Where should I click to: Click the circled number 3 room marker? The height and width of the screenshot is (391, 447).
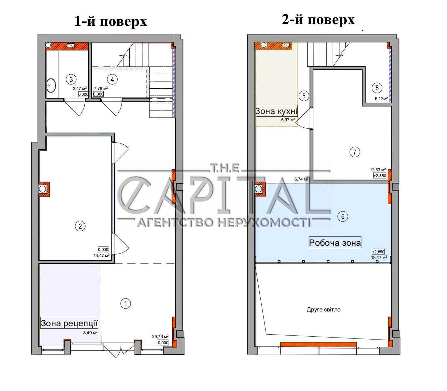(71, 79)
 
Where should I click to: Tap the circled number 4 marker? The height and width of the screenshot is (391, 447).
(112, 79)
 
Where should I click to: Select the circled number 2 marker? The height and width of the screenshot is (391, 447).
(80, 226)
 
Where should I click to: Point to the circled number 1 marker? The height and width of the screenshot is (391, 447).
(126, 303)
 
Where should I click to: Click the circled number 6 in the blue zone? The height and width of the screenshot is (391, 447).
(342, 216)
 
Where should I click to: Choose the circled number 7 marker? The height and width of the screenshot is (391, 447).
(354, 152)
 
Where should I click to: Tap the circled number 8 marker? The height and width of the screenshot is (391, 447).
(377, 88)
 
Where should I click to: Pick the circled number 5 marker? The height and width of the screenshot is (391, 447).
(304, 96)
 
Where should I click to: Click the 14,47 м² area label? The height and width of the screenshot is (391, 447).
(102, 255)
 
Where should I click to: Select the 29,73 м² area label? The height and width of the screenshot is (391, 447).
(160, 337)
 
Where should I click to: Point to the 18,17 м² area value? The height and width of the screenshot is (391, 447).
(379, 257)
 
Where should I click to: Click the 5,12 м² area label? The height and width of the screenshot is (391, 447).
(381, 99)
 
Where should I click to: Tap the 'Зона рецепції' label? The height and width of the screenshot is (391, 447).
(69, 323)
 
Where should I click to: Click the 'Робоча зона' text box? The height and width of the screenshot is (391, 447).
(335, 243)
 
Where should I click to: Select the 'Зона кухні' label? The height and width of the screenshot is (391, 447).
(276, 111)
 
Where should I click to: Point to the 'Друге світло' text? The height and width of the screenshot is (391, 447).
(324, 310)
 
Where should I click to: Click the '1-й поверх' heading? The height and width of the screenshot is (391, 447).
(111, 22)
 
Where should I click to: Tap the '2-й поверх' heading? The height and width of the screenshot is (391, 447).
(318, 20)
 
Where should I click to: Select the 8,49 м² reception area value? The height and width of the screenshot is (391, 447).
(90, 333)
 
